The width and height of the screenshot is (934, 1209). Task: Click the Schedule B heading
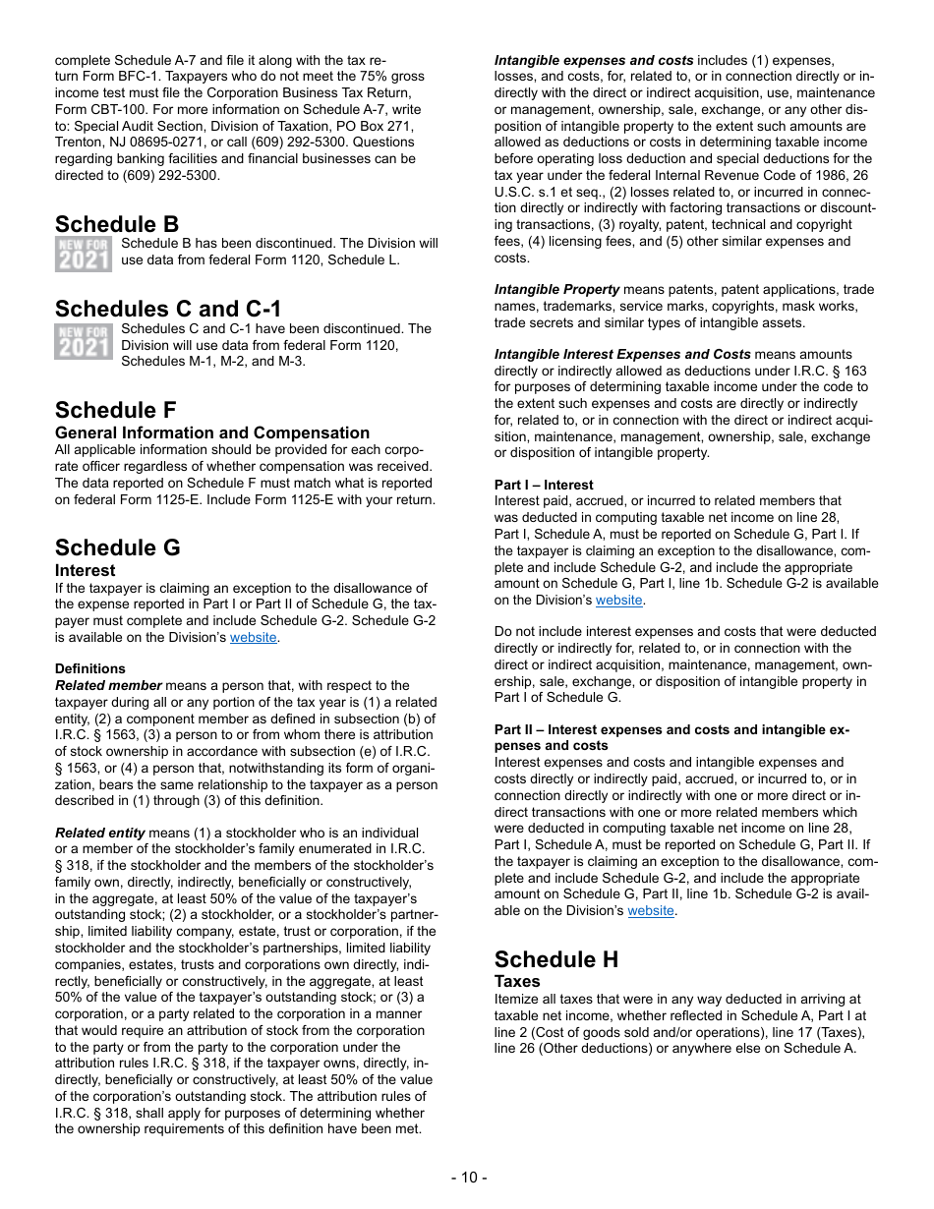click(117, 224)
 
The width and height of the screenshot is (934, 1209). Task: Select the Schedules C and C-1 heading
click(168, 310)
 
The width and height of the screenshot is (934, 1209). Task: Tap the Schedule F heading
click(116, 410)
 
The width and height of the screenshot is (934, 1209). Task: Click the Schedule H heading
click(556, 959)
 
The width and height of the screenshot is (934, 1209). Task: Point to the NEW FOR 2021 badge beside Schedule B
click(84, 255)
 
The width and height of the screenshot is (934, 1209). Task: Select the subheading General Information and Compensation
click(212, 433)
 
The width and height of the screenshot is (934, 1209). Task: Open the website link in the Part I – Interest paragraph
click(619, 601)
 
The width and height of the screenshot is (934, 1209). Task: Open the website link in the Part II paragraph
click(651, 911)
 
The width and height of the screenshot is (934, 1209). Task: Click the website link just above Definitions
click(254, 638)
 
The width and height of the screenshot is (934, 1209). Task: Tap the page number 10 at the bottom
click(468, 1178)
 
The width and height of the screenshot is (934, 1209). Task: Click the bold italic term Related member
click(108, 685)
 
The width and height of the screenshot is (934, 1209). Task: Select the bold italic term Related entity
click(99, 833)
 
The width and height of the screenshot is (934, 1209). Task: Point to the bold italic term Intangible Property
click(556, 290)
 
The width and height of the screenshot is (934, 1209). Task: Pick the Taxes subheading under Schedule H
click(517, 982)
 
